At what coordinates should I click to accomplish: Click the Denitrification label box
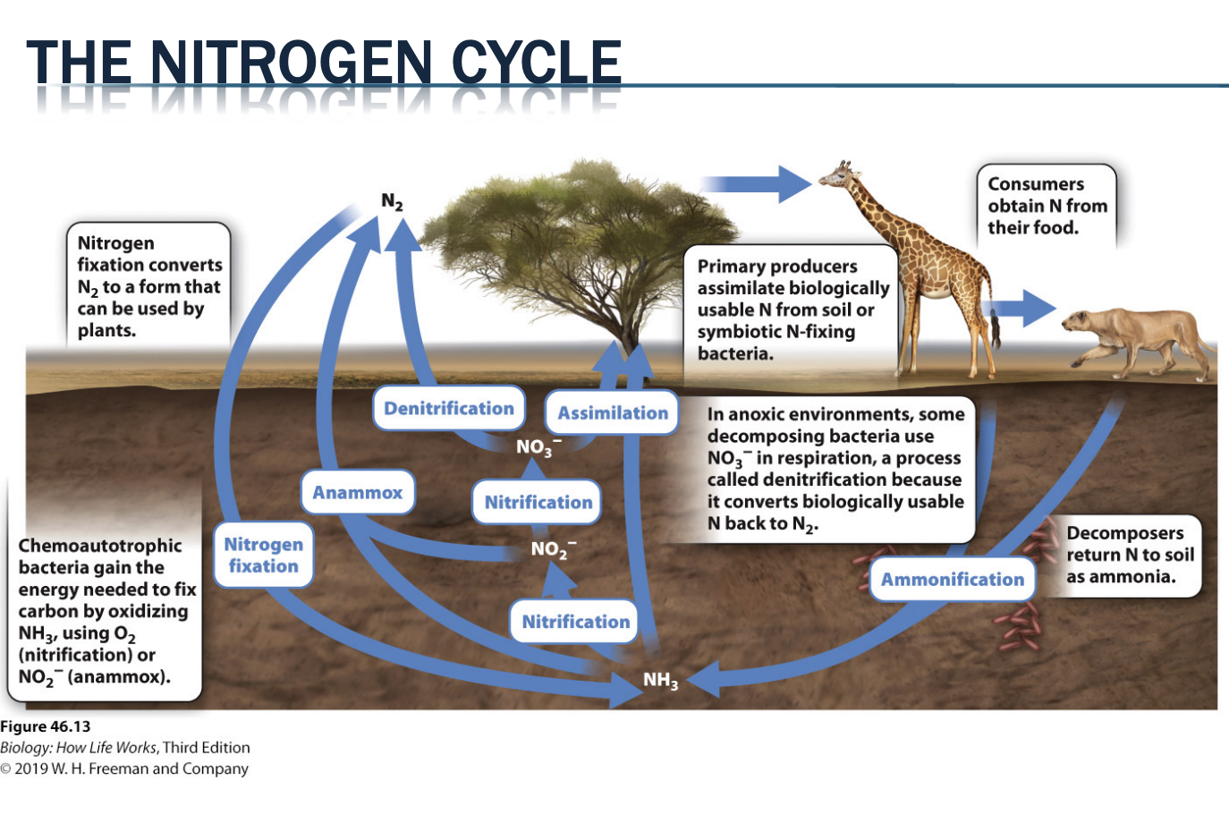(x=448, y=409)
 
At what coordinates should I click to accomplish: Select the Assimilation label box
(x=612, y=413)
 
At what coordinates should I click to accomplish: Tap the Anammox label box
(x=358, y=493)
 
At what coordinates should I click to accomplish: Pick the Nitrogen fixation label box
(x=263, y=556)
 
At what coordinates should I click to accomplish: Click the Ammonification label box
(x=952, y=580)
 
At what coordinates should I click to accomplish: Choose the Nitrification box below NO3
(x=538, y=503)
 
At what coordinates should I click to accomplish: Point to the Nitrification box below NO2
(x=575, y=622)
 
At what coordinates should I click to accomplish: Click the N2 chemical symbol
(x=392, y=201)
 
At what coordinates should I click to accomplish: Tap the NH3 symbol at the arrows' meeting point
(x=660, y=681)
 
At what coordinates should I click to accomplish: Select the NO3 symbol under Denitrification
(x=538, y=446)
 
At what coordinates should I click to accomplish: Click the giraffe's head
(x=837, y=175)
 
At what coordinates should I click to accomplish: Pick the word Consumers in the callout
(x=1036, y=184)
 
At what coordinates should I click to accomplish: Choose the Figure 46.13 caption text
(x=46, y=726)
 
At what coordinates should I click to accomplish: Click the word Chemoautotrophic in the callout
(x=99, y=546)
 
